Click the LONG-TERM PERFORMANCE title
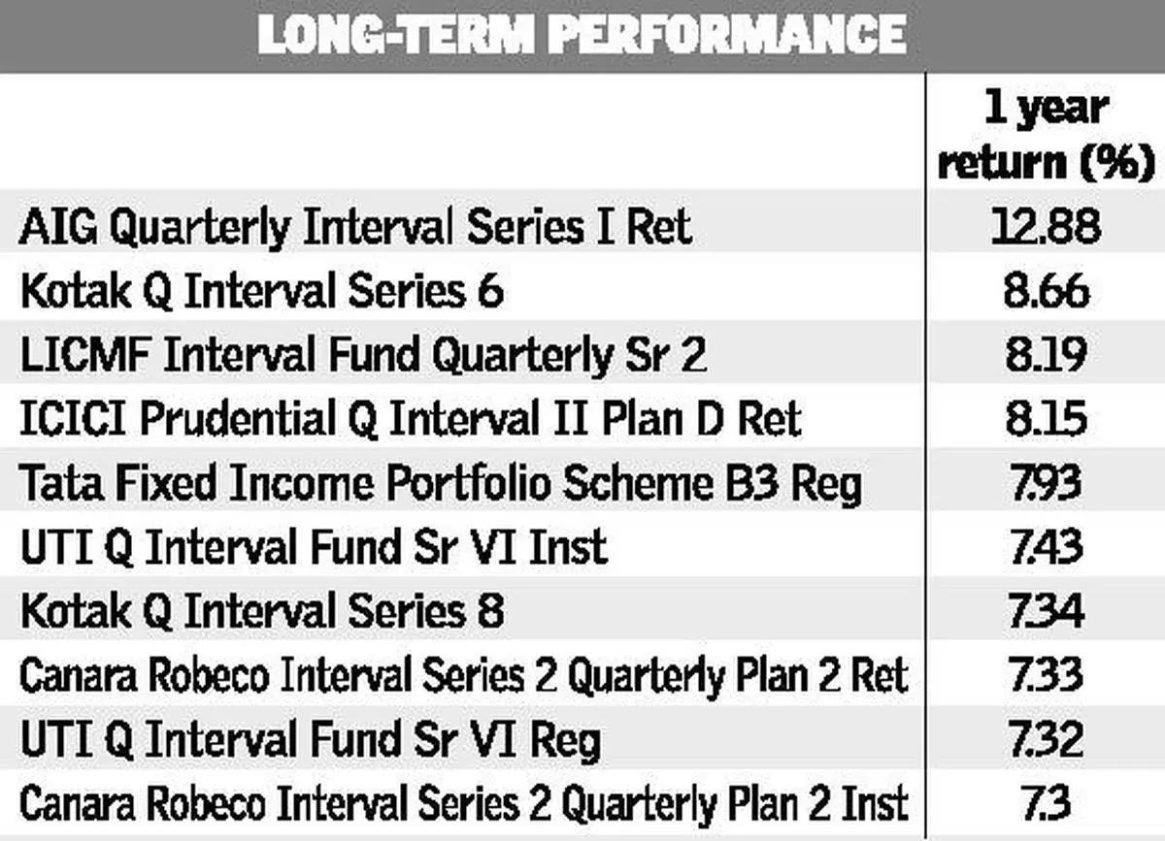582,34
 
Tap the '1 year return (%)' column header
1046,136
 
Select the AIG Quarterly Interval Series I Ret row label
356,227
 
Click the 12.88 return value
1046,226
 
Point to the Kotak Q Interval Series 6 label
262,291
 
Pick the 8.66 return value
1047,290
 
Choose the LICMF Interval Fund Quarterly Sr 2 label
363,354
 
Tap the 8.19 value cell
1047,354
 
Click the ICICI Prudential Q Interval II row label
411,419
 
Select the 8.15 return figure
1047,418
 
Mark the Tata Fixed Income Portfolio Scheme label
440,483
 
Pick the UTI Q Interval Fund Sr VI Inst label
315,547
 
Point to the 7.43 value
1047,547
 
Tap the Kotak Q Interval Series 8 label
262,611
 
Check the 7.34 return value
1047,611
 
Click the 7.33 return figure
1047,675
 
